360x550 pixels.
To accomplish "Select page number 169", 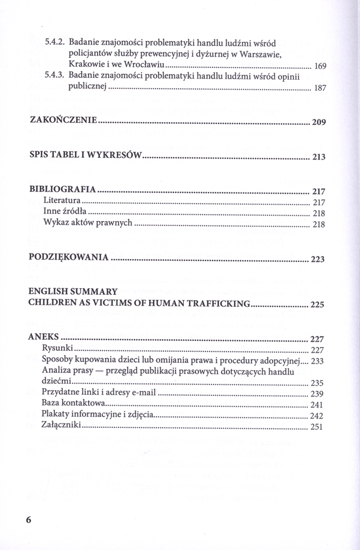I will coord(320,67).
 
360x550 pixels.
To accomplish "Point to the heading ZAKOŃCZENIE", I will coord(63,120).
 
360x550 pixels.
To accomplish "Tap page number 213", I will coord(319,157).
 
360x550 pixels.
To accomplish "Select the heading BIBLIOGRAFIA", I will coord(63,190).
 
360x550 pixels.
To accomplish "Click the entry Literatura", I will coord(62,201).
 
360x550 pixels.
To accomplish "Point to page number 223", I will coord(318,260).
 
